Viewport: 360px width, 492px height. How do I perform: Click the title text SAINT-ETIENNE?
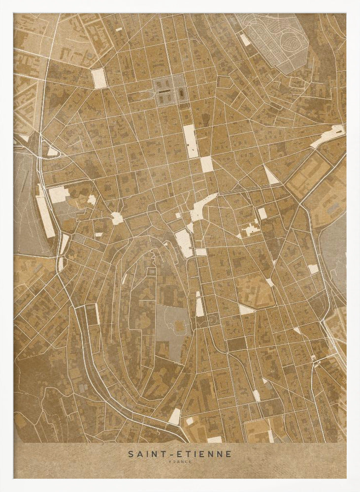(180, 454)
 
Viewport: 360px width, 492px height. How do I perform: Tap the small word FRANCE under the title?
(180, 462)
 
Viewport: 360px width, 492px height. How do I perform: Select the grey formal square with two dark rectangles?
(170, 91)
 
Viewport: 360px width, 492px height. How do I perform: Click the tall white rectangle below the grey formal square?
(190, 141)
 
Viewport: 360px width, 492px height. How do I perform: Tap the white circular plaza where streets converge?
(117, 218)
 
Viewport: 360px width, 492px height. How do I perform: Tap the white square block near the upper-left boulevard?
(98, 78)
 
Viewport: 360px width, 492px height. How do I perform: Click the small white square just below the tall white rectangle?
(207, 164)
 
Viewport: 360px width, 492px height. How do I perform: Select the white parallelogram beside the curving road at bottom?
(175, 416)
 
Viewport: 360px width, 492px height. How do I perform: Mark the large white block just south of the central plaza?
(184, 243)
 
